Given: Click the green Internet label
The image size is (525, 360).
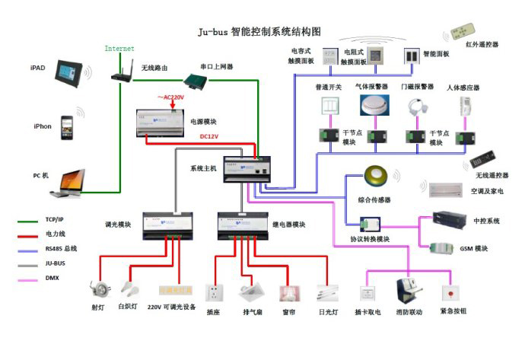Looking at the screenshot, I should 119,48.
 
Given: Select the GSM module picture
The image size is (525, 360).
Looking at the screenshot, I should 442,249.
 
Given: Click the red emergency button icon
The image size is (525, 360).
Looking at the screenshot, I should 452,294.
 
